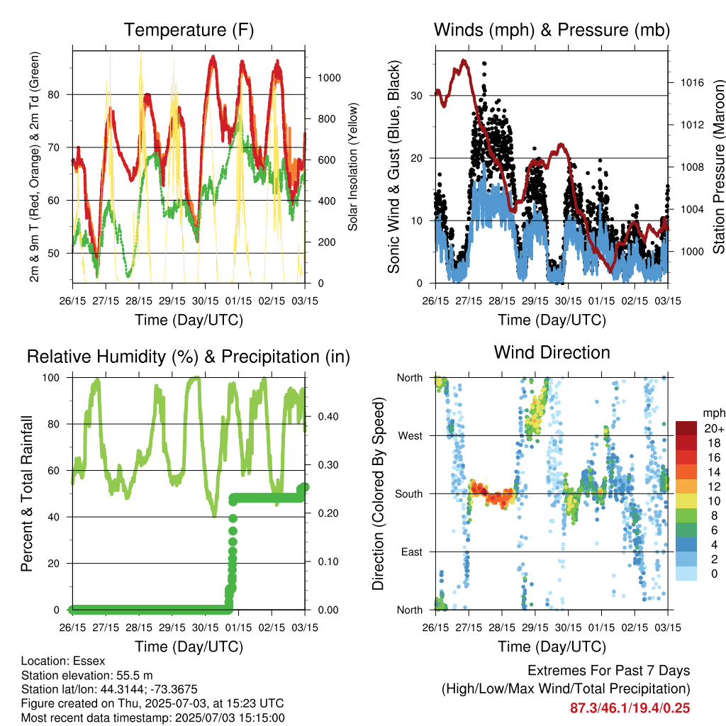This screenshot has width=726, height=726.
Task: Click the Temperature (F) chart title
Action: click(x=189, y=30)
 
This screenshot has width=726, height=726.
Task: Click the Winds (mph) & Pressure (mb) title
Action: click(x=552, y=30)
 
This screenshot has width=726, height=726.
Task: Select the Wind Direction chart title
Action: click(x=552, y=352)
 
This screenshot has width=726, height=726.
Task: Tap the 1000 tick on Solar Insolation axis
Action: click(x=329, y=78)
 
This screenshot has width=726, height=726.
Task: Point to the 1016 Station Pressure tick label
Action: click(x=692, y=83)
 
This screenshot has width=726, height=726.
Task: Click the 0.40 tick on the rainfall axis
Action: click(x=328, y=417)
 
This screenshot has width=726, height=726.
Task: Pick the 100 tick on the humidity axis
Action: click(x=51, y=378)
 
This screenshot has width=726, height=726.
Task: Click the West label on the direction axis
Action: click(x=411, y=436)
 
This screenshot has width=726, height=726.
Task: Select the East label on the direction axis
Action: click(x=412, y=552)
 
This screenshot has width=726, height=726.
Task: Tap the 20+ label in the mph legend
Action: click(x=714, y=429)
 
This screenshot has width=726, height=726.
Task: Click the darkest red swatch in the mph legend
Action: click(x=686, y=429)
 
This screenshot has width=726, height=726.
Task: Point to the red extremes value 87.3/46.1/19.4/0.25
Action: click(x=630, y=708)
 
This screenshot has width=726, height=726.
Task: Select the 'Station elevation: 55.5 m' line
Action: click(x=87, y=676)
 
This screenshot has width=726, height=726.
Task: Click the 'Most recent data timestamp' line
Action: click(x=153, y=718)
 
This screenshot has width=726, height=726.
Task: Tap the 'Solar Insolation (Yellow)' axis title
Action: click(x=353, y=167)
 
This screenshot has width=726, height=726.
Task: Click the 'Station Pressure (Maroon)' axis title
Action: click(x=718, y=167)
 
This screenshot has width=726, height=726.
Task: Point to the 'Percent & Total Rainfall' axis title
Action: click(x=27, y=493)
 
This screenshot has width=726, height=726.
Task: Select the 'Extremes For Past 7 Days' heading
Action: click(x=609, y=671)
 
